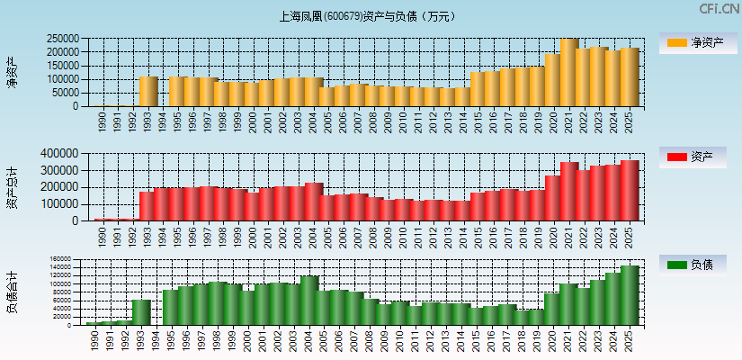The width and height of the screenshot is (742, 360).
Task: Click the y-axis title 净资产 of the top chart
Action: pyautogui.click(x=12, y=72)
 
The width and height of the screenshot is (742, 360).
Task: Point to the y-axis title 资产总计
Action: pyautogui.click(x=12, y=187)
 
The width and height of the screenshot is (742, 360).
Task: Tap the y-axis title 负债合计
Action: pyautogui.click(x=12, y=293)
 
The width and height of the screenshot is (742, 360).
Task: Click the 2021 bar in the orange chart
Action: pyautogui.click(x=568, y=73)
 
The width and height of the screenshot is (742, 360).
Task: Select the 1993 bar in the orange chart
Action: pyautogui.click(x=148, y=91)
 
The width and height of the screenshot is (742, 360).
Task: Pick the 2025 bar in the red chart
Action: pyautogui.click(x=629, y=191)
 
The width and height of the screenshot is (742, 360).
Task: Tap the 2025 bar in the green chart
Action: pyautogui.click(x=629, y=295)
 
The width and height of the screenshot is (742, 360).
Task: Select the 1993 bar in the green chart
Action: pyautogui.click(x=141, y=311)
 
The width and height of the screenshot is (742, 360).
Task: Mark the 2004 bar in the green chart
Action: pyautogui.click(x=309, y=300)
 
